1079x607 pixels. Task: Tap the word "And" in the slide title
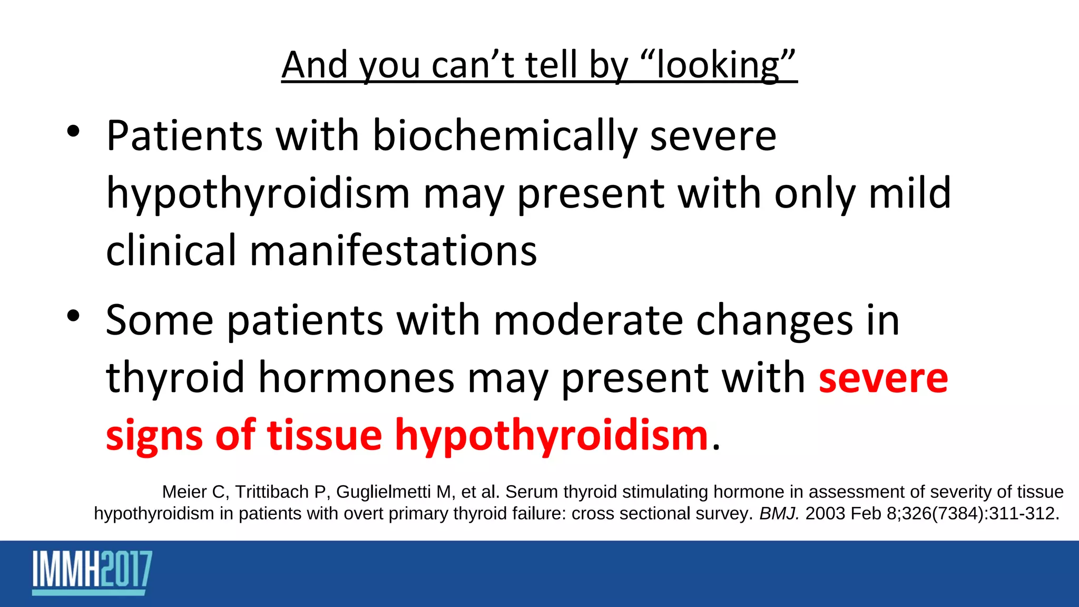(x=315, y=65)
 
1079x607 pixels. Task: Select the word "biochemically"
(x=505, y=136)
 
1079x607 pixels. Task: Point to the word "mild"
(x=910, y=193)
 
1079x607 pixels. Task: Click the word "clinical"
(x=171, y=250)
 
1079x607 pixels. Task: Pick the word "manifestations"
(x=393, y=250)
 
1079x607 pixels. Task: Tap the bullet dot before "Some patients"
(x=73, y=316)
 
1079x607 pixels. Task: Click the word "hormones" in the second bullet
(x=356, y=378)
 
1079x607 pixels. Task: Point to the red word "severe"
(x=884, y=378)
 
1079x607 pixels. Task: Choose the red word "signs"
(x=154, y=436)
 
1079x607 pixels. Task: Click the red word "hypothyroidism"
(x=552, y=436)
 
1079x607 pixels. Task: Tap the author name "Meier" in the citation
(x=184, y=492)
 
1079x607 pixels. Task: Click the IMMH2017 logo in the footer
(x=92, y=572)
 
